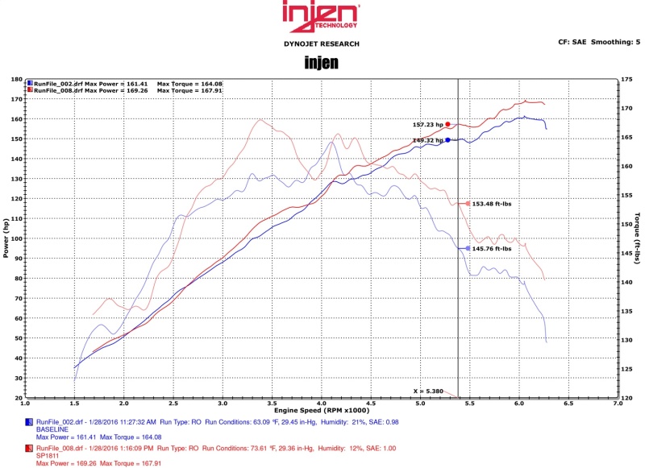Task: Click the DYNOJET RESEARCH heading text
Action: click(x=322, y=43)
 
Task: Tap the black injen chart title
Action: click(x=322, y=62)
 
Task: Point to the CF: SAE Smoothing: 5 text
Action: click(x=598, y=41)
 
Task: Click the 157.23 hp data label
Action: click(x=427, y=125)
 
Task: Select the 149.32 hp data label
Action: click(x=427, y=140)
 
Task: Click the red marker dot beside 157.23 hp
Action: click(x=447, y=125)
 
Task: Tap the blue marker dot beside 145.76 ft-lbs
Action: click(x=468, y=249)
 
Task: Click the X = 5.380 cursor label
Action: click(x=428, y=391)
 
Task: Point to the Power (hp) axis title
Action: click(x=7, y=238)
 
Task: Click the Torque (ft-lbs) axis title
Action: click(x=637, y=238)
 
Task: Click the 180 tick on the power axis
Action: click(x=17, y=80)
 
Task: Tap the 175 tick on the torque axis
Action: click(x=627, y=80)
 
